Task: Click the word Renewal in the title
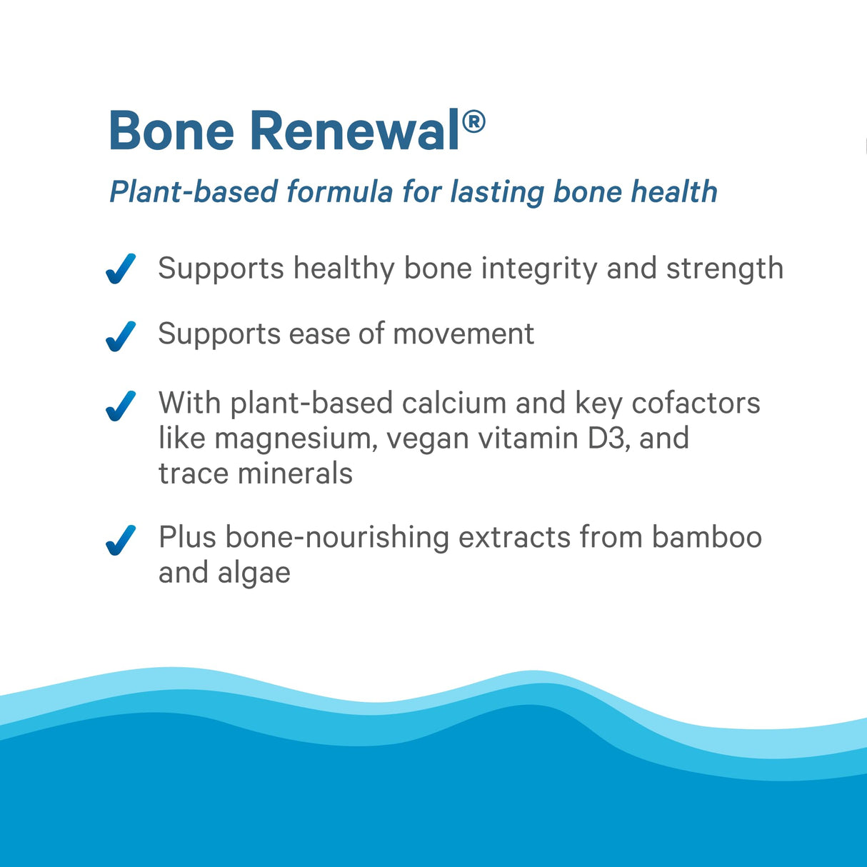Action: point(355,131)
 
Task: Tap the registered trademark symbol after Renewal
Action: point(473,122)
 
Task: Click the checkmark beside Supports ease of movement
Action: point(121,336)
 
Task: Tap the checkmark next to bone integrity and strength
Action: point(121,269)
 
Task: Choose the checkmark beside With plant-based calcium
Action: point(121,406)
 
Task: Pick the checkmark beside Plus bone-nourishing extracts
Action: point(121,540)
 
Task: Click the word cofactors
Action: point(696,403)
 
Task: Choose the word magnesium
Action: point(296,438)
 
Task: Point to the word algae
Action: point(254,573)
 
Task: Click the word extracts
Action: point(513,537)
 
